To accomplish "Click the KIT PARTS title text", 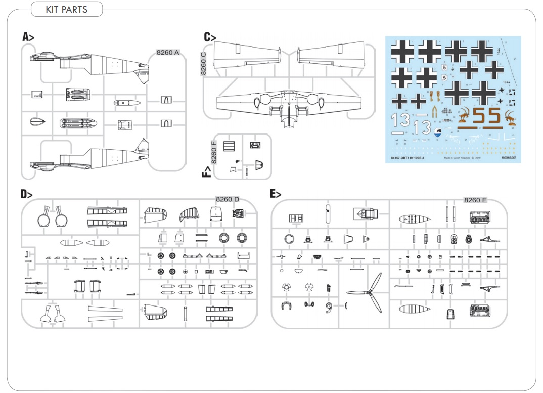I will [66, 9].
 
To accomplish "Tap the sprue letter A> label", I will [28, 36].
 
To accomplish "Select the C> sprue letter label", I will [210, 37].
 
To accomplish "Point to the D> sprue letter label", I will [26, 194].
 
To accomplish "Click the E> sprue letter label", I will [276, 194].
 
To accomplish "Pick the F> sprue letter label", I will [206, 171].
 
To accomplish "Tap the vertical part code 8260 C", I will [204, 63].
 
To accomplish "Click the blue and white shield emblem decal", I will [439, 132].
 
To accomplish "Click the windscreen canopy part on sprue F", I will [259, 165].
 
